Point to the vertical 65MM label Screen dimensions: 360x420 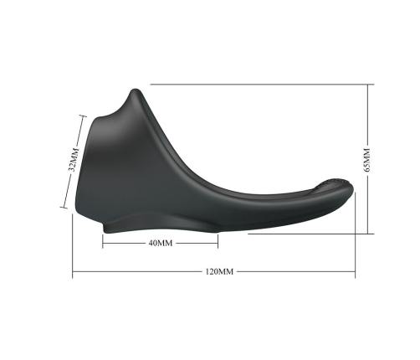pyautogui.click(x=366, y=158)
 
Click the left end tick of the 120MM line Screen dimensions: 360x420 pyautogui.click(x=73, y=272)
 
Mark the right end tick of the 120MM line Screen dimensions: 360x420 pyautogui.click(x=357, y=272)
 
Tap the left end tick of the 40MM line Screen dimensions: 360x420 pyautogui.click(x=103, y=243)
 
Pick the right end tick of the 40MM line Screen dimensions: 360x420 pyautogui.click(x=218, y=243)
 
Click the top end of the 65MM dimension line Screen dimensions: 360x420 pyautogui.click(x=369, y=85)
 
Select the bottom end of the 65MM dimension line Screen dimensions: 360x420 pyautogui.click(x=369, y=234)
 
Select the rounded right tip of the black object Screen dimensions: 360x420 pyautogui.click(x=353, y=198)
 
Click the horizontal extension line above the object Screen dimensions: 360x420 pyautogui.click(x=259, y=85)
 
